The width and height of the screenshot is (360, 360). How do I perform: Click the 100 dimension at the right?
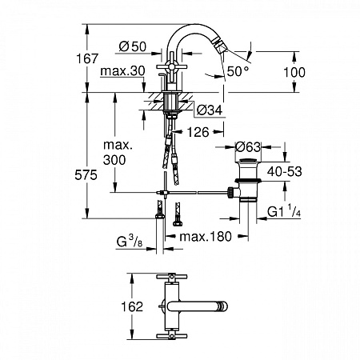(x=295, y=71)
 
